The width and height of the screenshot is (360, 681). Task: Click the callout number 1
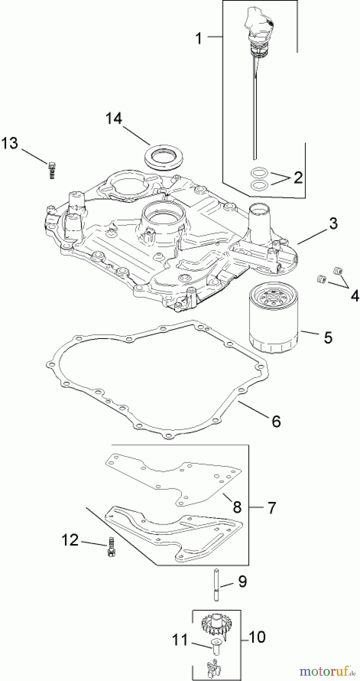[199, 38]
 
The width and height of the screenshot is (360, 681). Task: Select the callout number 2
[298, 177]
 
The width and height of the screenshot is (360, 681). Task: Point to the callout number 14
[114, 118]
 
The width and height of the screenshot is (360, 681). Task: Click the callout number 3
[333, 223]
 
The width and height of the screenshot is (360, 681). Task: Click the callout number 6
[276, 421]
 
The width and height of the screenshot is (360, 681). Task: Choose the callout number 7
[272, 508]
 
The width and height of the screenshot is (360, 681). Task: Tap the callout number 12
[70, 540]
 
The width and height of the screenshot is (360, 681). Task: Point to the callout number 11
[180, 641]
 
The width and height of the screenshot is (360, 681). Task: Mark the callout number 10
[258, 637]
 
